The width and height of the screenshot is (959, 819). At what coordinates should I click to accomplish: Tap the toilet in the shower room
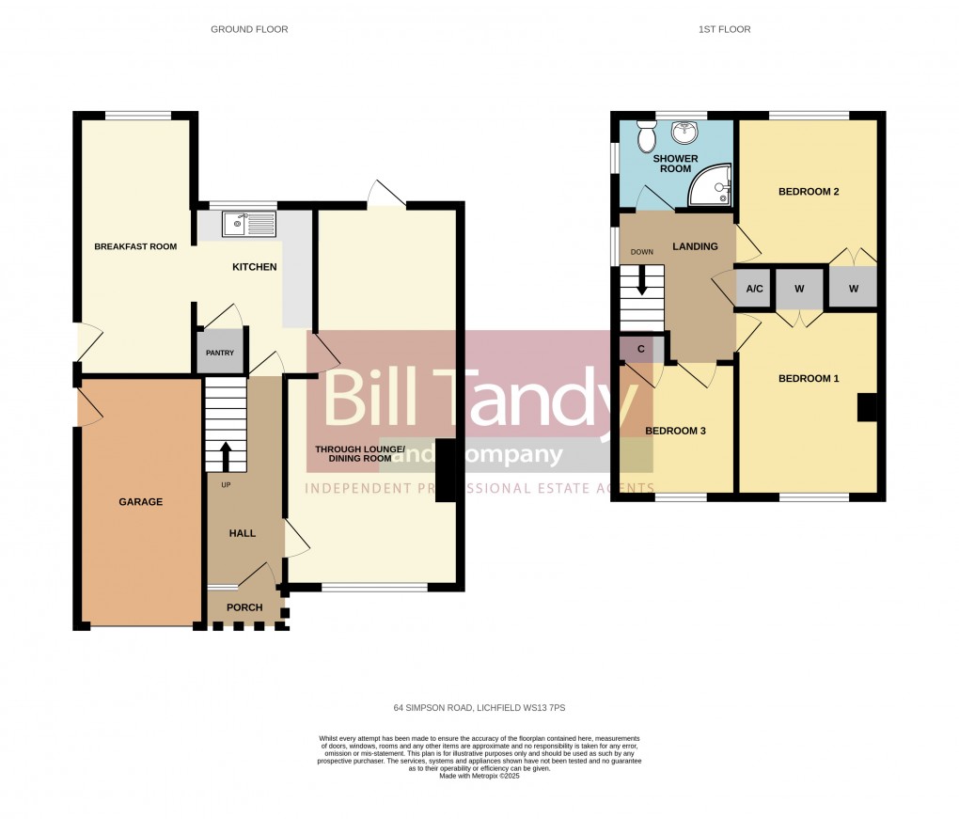coord(646,137)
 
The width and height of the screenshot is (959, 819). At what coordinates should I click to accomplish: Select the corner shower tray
coord(711,185)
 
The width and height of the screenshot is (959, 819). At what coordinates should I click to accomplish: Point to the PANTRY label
coord(220,354)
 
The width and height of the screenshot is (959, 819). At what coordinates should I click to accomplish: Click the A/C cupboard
coord(754,290)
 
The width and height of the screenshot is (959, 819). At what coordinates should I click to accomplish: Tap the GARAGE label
coord(140,502)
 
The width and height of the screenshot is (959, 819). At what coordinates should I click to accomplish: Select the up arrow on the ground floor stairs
coord(226,456)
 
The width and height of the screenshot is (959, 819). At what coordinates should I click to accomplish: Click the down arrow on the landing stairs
coord(642,279)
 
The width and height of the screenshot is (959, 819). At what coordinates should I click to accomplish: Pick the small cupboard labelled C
coord(641,349)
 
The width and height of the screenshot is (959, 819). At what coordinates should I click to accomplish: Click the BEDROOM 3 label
coord(674,431)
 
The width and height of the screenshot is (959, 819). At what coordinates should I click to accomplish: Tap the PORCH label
coord(244,607)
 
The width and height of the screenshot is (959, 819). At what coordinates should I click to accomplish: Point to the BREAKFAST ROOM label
coord(135,247)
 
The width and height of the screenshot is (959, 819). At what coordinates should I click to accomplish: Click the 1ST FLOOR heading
coord(724,30)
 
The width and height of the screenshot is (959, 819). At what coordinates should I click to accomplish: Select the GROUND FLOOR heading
coord(249,30)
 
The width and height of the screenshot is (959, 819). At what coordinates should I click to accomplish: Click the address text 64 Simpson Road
coord(479,708)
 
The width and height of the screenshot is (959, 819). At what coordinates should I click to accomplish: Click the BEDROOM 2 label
coord(809,192)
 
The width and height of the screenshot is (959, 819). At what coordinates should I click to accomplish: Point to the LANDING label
coord(695,247)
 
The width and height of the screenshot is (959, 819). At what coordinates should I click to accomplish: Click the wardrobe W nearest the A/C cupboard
coord(799,290)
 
